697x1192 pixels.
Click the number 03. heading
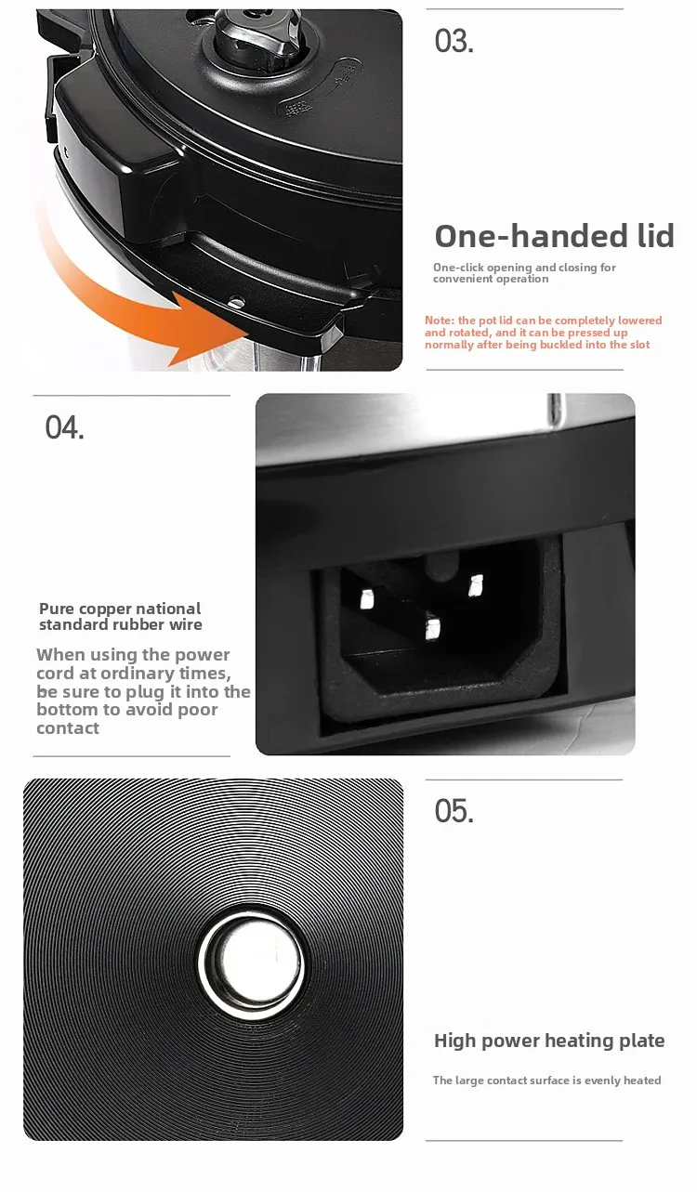[x=454, y=42]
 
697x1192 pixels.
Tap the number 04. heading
[x=64, y=427]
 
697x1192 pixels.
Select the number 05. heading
[x=454, y=811]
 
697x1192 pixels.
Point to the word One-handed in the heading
[x=532, y=236]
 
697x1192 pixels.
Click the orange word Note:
[x=440, y=321]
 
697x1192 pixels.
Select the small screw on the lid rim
[x=235, y=303]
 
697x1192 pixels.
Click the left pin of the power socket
[x=367, y=599]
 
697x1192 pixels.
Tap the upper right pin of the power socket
[x=476, y=585]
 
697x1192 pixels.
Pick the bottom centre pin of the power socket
[x=432, y=628]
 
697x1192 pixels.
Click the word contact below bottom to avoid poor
[x=68, y=728]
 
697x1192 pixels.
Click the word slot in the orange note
[x=640, y=345]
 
